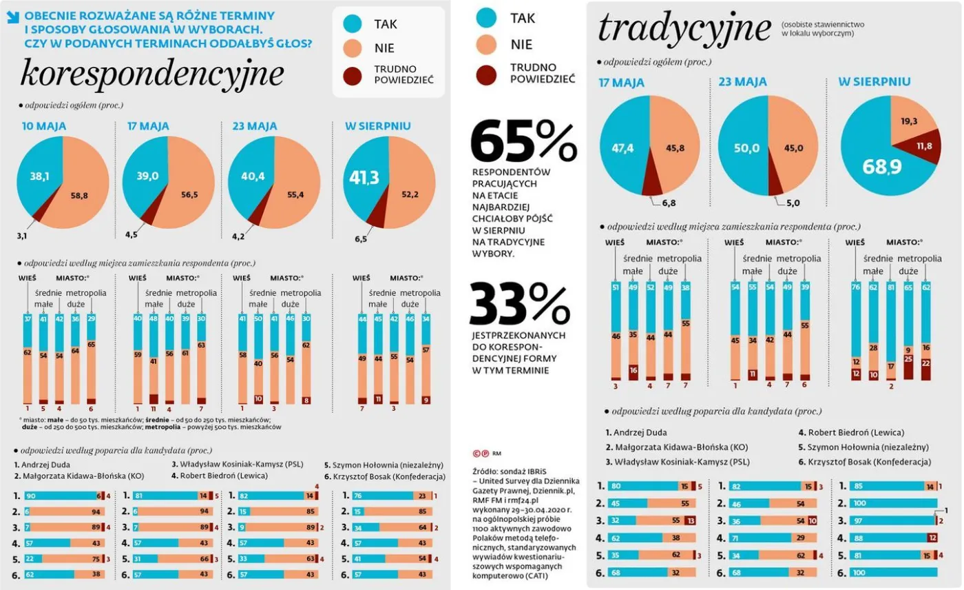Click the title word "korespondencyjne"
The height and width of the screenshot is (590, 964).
152,74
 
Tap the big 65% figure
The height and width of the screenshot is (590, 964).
523,141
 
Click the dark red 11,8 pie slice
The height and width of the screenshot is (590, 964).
923,146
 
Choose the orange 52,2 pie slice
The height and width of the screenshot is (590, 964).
409,194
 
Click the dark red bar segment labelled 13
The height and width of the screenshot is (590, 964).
691,521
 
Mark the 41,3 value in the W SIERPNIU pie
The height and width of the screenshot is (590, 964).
364,178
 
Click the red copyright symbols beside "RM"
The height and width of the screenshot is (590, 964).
481,453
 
